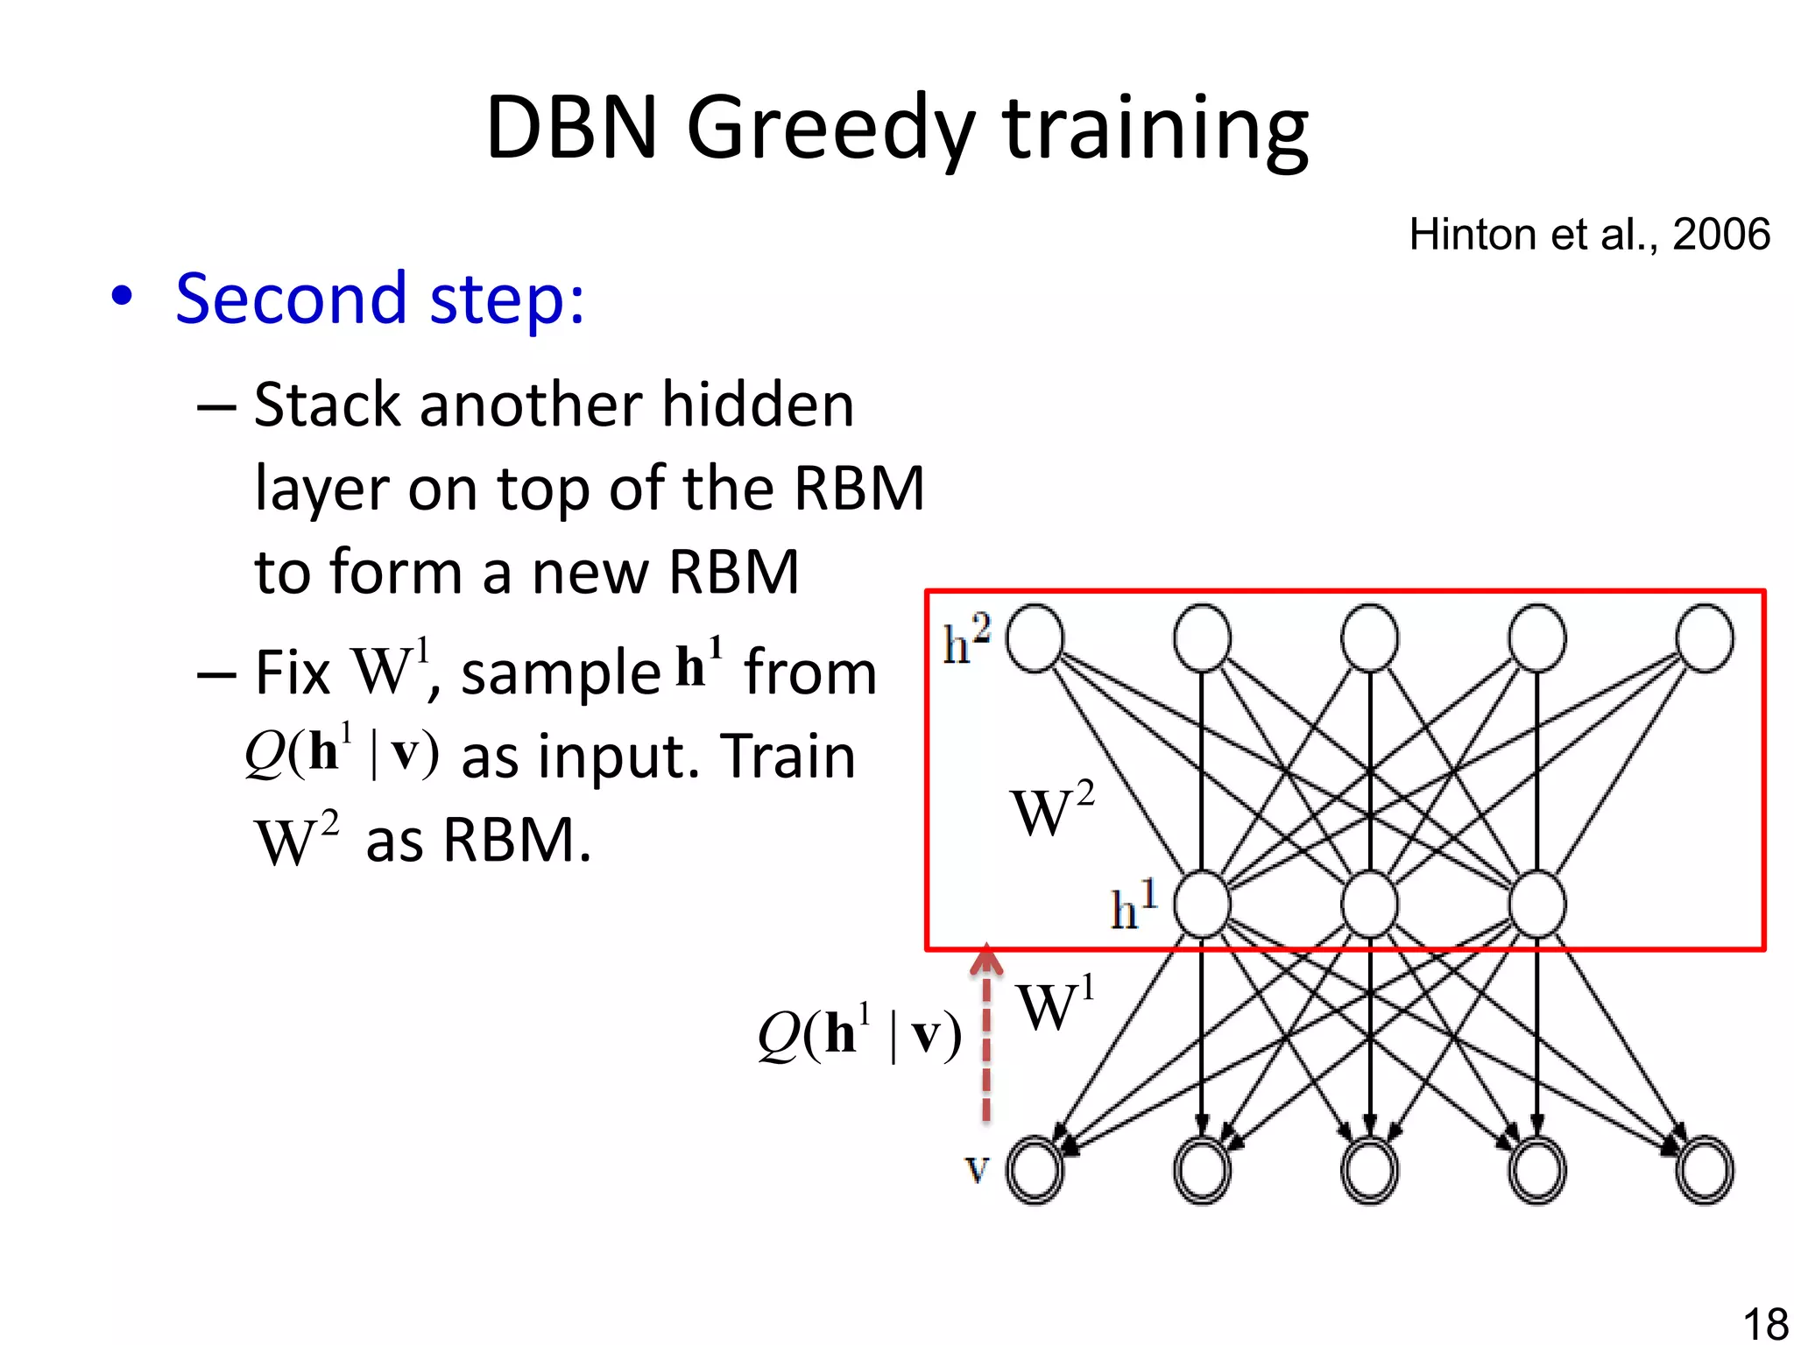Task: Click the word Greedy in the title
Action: pos(830,130)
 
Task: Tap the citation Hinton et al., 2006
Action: pos(1589,235)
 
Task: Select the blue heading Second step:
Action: pos(379,299)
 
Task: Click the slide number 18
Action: pos(1765,1323)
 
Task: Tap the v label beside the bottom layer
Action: pos(977,1168)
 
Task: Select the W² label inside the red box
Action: pos(1051,809)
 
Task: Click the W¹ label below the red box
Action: pos(1055,1005)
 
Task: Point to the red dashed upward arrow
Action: pos(986,1033)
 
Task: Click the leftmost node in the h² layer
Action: pos(1035,638)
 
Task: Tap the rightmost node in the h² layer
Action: pos(1704,638)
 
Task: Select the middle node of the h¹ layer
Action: pos(1369,905)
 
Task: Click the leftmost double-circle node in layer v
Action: pos(1035,1170)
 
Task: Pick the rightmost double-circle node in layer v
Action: pos(1704,1170)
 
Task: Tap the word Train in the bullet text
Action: pos(787,757)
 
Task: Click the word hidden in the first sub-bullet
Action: pos(758,405)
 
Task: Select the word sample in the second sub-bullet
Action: pos(561,674)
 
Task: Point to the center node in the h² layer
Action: pos(1369,638)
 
